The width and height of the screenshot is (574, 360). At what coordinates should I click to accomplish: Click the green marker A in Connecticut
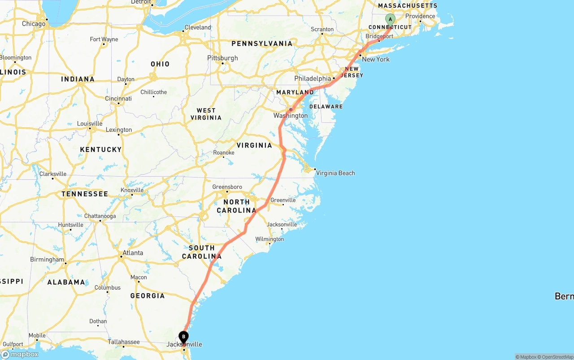(x=390, y=19)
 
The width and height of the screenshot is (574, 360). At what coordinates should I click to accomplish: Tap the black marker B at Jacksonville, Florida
(x=183, y=337)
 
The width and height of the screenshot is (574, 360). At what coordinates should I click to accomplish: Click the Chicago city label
(x=34, y=24)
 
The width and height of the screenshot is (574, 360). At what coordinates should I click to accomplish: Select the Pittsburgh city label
(x=222, y=58)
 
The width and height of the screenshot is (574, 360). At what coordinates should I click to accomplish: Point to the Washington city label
(x=291, y=116)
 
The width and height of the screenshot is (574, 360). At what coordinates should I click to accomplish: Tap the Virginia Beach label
(x=335, y=173)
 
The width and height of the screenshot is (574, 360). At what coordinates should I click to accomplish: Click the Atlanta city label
(x=133, y=253)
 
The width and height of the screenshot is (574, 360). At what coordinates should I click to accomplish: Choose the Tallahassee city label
(x=124, y=342)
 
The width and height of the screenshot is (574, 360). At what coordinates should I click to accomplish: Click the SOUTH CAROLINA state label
(x=202, y=252)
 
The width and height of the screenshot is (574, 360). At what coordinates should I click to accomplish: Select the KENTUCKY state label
(x=100, y=150)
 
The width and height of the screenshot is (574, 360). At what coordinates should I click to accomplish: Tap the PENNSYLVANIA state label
(x=262, y=43)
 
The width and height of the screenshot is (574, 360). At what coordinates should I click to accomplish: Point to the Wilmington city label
(x=270, y=239)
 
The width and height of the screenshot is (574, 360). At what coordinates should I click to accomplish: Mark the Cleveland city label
(x=197, y=27)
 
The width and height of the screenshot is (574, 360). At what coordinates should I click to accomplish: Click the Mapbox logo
(x=20, y=354)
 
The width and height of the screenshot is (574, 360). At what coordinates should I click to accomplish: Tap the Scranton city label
(x=322, y=30)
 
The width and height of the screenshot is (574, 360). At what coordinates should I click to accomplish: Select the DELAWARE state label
(x=326, y=106)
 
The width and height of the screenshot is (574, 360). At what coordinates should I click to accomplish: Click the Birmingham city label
(x=47, y=260)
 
